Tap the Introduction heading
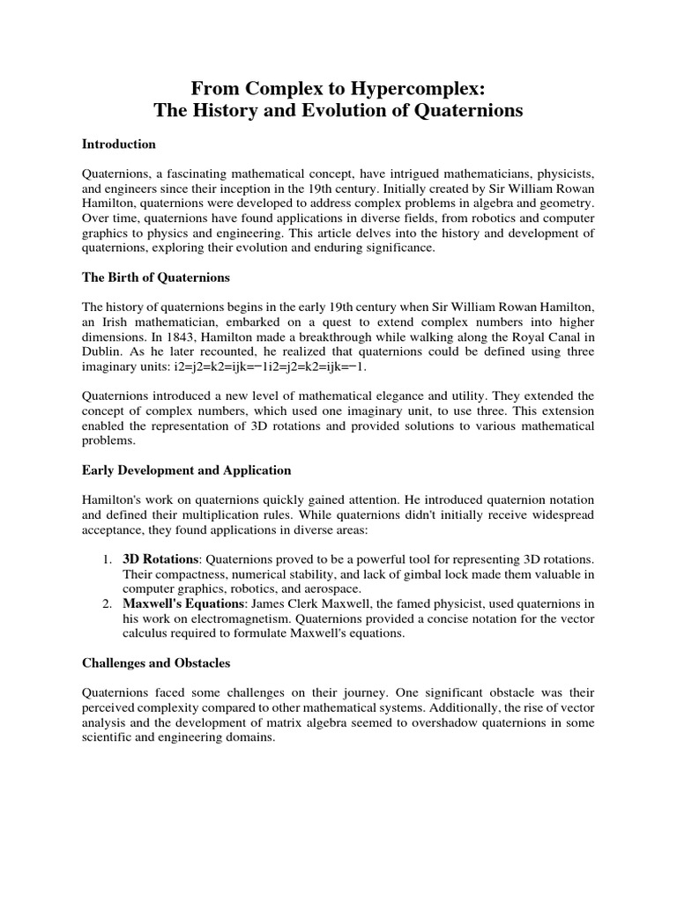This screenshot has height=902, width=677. pos(119,144)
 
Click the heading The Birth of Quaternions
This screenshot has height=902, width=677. pos(156,277)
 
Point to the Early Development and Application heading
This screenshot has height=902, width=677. pos(187,469)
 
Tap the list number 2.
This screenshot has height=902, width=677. pos(106,604)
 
